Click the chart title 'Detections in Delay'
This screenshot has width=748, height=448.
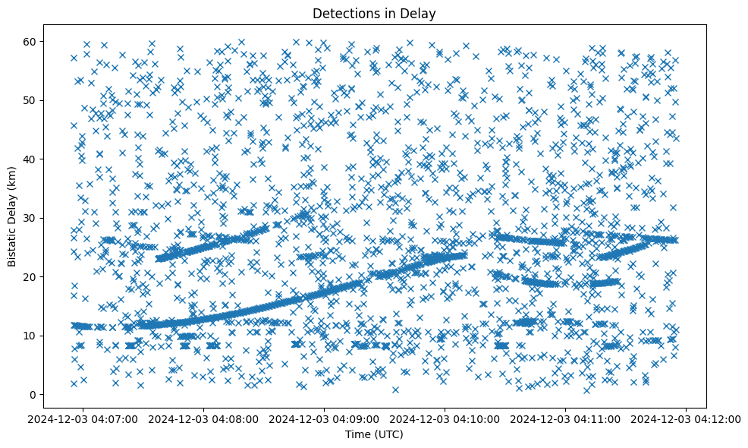click(x=373, y=13)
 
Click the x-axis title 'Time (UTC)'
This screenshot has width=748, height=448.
click(x=373, y=435)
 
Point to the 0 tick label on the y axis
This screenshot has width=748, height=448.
click(x=46, y=394)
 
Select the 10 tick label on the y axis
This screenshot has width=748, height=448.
click(x=43, y=336)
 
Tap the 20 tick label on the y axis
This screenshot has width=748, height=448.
click(x=43, y=276)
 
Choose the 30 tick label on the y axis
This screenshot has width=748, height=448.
click(x=43, y=218)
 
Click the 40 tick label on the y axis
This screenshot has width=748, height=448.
click(x=43, y=159)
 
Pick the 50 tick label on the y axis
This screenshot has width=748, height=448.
click(x=43, y=100)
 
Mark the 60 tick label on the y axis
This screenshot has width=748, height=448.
click(x=43, y=41)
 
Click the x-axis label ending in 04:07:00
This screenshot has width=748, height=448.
click(x=83, y=418)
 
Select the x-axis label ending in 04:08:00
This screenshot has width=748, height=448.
click(x=204, y=418)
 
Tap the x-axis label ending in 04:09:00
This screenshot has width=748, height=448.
click(x=325, y=418)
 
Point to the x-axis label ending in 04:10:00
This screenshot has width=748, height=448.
click(x=445, y=418)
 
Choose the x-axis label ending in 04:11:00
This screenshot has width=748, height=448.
click(x=566, y=418)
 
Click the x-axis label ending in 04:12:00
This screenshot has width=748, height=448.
click(x=687, y=418)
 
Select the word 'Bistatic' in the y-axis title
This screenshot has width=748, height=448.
click(x=12, y=245)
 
